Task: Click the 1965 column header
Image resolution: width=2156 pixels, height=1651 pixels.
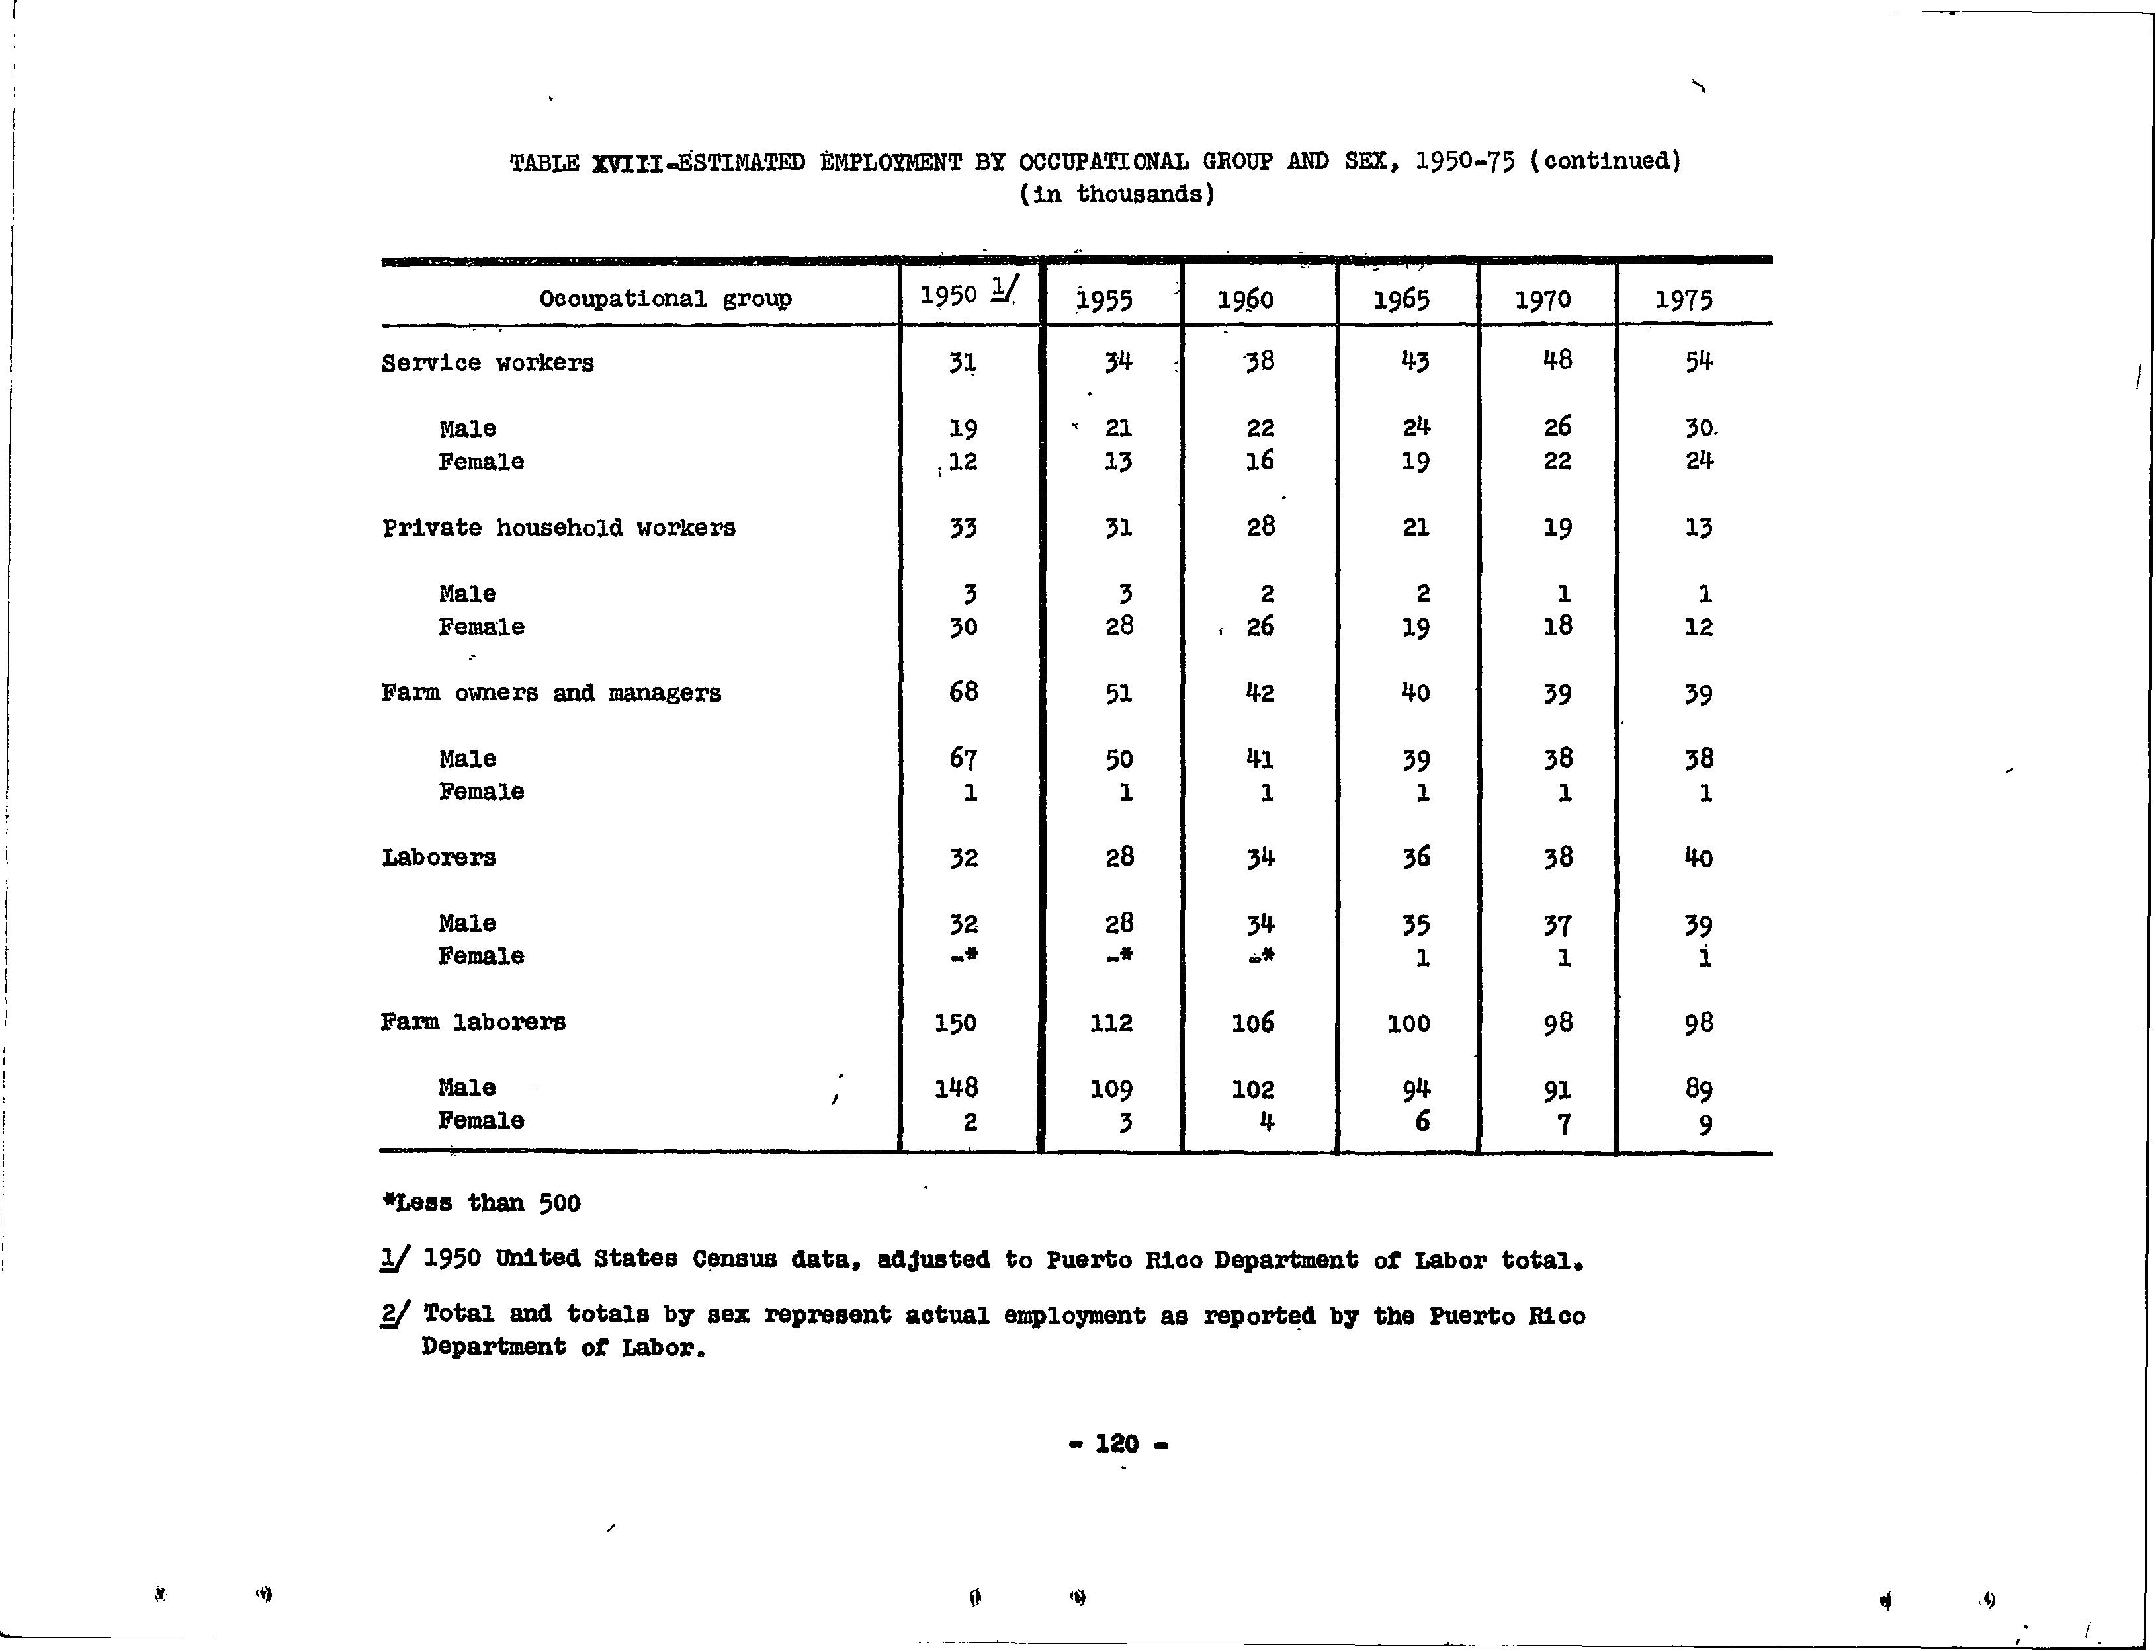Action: pos(1401,299)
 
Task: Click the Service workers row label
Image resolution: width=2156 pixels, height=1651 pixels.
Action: pos(488,362)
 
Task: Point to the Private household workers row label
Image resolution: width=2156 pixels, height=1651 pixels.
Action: pos(558,528)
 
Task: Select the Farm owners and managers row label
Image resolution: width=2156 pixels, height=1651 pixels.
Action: pos(550,693)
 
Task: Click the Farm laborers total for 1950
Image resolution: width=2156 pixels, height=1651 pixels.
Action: pos(955,1023)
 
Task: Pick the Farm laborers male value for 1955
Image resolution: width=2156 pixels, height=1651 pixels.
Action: pos(1112,1089)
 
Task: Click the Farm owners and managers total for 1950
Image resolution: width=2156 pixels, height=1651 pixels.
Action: pos(963,692)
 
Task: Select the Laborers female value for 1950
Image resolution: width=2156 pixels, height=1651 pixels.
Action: pos(963,956)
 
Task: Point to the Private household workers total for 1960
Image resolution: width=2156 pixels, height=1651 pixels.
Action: pos(1260,527)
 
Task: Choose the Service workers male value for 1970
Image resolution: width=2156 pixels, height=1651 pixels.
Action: pos(1557,426)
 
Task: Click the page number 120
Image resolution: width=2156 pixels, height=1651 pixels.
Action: pos(1117,1443)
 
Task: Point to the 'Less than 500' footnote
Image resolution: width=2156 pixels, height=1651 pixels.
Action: pos(482,1203)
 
